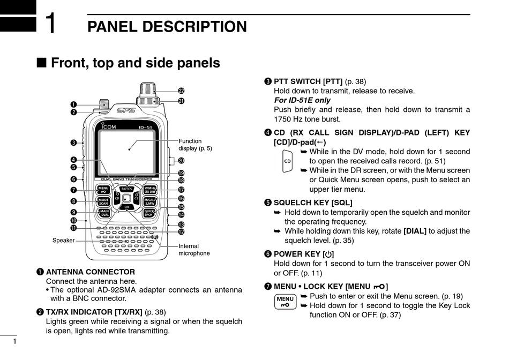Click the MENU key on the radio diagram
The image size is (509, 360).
pos(103,190)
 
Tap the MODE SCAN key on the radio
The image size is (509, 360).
pos(103,201)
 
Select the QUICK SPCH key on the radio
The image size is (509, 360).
pos(149,213)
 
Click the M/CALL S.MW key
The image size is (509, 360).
pos(150,201)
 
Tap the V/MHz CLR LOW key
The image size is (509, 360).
pos(150,190)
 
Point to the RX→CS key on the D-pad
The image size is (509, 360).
pos(127,189)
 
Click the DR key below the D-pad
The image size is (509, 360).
pos(126,207)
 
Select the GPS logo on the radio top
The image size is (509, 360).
pos(126,110)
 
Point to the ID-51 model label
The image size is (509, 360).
pos(147,127)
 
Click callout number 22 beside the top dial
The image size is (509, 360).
pos(181,91)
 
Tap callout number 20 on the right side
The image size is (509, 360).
pos(181,160)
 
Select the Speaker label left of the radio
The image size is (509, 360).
pos(63,241)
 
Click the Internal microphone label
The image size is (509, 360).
pos(194,250)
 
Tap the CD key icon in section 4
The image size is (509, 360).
pos(288,161)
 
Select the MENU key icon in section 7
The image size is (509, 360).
pos(286,302)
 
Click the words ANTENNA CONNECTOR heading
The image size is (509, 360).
pos(91,272)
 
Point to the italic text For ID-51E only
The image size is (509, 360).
pos(302,100)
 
